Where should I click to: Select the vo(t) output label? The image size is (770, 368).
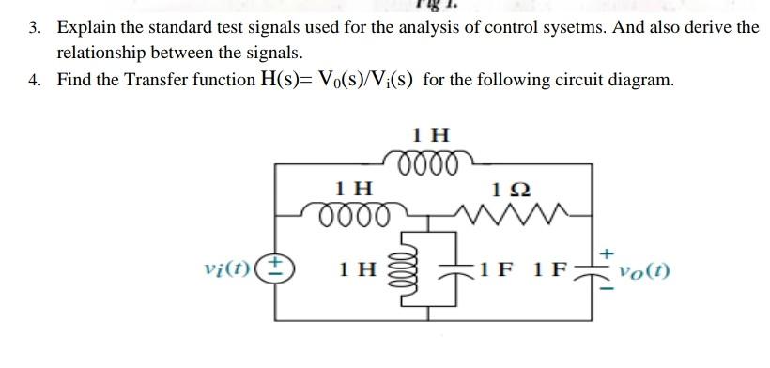(643, 272)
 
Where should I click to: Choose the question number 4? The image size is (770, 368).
(34, 80)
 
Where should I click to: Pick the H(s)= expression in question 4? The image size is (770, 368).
(295, 80)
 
